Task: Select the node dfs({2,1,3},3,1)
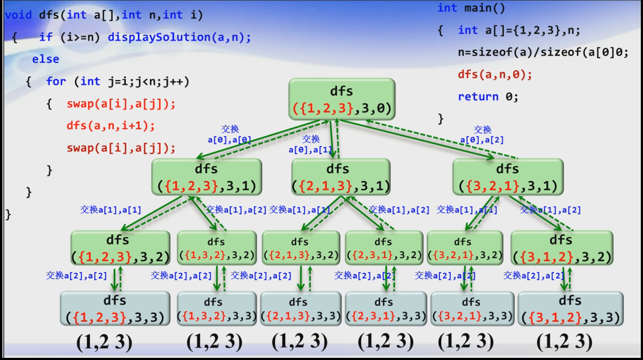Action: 341,177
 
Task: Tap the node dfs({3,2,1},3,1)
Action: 507,177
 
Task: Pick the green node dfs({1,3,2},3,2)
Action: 217,248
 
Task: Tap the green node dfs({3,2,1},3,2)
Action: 465,248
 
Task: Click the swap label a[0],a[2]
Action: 482,135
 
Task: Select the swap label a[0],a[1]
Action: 311,145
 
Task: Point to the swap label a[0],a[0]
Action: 229,135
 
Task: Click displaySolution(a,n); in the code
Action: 179,37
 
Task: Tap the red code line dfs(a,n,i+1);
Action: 111,125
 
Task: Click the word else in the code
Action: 45,59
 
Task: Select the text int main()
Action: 471,8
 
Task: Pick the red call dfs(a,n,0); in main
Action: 495,74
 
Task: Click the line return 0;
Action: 487,97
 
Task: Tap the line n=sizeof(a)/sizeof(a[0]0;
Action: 543,52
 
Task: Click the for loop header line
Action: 117,81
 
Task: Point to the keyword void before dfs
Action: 18,15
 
